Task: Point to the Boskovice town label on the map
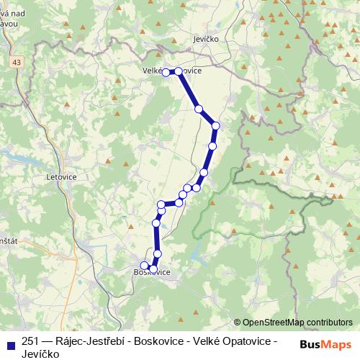click(x=152, y=272)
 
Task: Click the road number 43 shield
click(x=16, y=64)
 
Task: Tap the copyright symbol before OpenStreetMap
click(x=238, y=323)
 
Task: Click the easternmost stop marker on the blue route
click(x=215, y=126)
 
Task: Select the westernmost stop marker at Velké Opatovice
click(x=166, y=72)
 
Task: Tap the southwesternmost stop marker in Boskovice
click(x=144, y=265)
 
